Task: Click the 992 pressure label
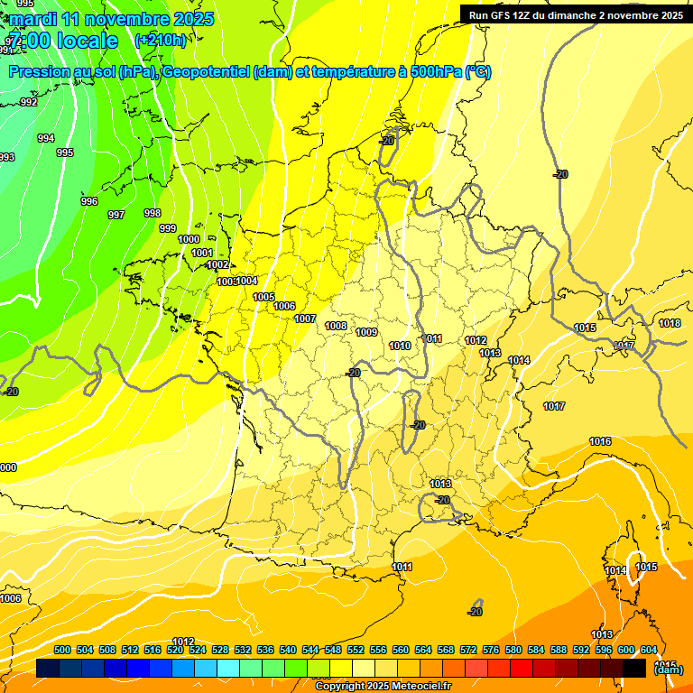[x=29, y=102]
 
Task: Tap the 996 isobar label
[x=88, y=201]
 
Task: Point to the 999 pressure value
[x=168, y=228]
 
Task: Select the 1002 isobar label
[x=217, y=264]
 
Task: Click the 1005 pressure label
[x=263, y=297]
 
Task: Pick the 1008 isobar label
[x=336, y=326]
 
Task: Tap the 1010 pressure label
[x=400, y=346]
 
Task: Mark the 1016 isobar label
[x=600, y=441]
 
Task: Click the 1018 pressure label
[x=670, y=323]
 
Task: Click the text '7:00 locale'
[x=63, y=41]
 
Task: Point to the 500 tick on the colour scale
[x=62, y=650]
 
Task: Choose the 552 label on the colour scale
[x=356, y=650]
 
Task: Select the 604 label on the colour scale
[x=649, y=650]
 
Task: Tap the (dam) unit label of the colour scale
[x=668, y=670]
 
